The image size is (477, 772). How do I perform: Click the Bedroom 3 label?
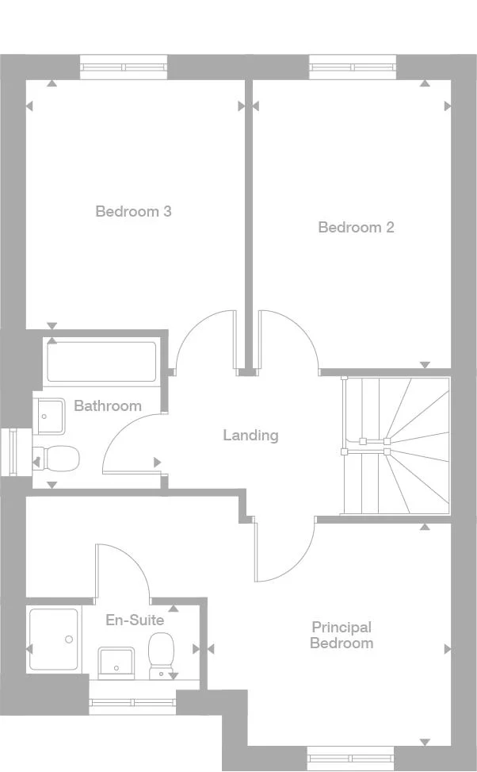coord(133,211)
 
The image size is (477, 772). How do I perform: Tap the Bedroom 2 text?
coord(356,228)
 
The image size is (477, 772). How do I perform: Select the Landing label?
coord(250,435)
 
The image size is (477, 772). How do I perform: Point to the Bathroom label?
coord(108,405)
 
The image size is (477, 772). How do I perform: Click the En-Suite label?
coord(135,620)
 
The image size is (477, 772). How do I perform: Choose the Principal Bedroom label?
coord(342,635)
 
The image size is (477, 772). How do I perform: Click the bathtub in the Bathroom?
coord(102,362)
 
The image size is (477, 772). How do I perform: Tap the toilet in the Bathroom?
coord(56,458)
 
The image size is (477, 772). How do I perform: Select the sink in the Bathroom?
coord(49,415)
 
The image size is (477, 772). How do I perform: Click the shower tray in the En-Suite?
coord(53,639)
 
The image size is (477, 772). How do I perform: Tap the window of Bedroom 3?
coord(124,67)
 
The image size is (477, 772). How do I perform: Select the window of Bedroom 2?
coord(353,67)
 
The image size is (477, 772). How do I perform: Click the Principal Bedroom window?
coord(350,757)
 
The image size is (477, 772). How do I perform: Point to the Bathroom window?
coord(13,452)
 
